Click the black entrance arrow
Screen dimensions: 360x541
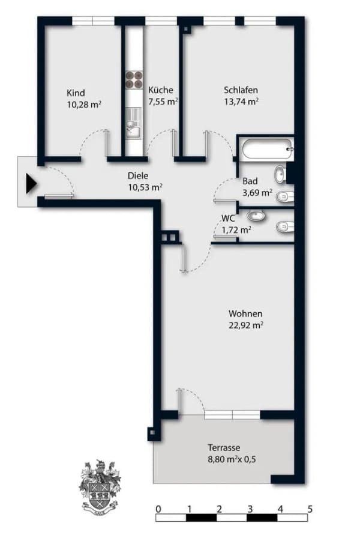tap(31, 183)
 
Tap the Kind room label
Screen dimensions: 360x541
tap(76, 93)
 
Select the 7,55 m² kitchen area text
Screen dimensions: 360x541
tap(163, 101)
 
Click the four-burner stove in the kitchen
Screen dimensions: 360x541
tap(134, 80)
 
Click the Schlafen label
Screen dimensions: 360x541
tap(241, 90)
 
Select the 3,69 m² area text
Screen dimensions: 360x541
tap(257, 193)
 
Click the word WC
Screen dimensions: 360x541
tap(228, 218)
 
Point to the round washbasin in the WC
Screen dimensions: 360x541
tap(256, 216)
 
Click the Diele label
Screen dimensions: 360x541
tap(138, 175)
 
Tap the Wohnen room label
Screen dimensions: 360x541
tap(245, 313)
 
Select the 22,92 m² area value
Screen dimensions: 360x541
tap(246, 325)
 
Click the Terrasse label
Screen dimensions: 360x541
tap(224, 448)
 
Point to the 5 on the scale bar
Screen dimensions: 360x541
tap(310, 509)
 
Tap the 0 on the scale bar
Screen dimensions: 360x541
tap(158, 509)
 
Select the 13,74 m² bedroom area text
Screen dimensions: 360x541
tap(241, 101)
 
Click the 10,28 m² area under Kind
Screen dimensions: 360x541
tap(84, 104)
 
